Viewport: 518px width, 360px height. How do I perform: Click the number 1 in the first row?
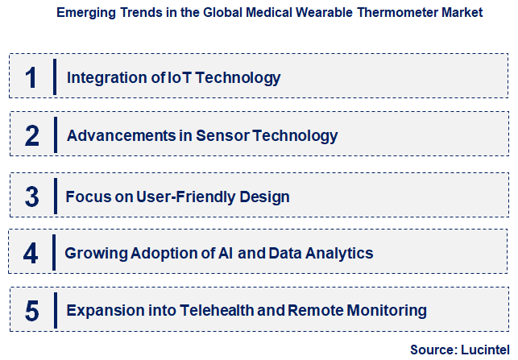point(31,78)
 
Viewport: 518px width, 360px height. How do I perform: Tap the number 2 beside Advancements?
point(31,136)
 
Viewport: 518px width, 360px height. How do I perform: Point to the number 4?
point(31,254)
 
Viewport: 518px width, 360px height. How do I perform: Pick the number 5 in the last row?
point(31,311)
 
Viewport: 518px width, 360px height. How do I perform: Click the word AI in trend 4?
point(226,254)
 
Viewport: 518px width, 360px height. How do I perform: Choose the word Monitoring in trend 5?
point(389,311)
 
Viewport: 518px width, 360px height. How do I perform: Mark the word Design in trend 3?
point(267,197)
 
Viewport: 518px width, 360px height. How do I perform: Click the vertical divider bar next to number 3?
point(55,197)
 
